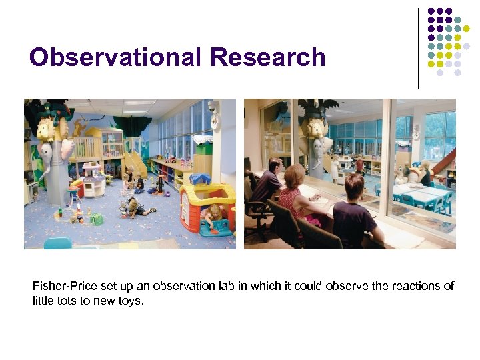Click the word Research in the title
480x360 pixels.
click(x=267, y=57)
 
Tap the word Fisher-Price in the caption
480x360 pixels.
click(x=59, y=286)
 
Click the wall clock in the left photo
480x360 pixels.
click(x=215, y=121)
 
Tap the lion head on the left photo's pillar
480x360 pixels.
click(x=48, y=130)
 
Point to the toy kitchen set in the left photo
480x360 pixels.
click(x=93, y=178)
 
